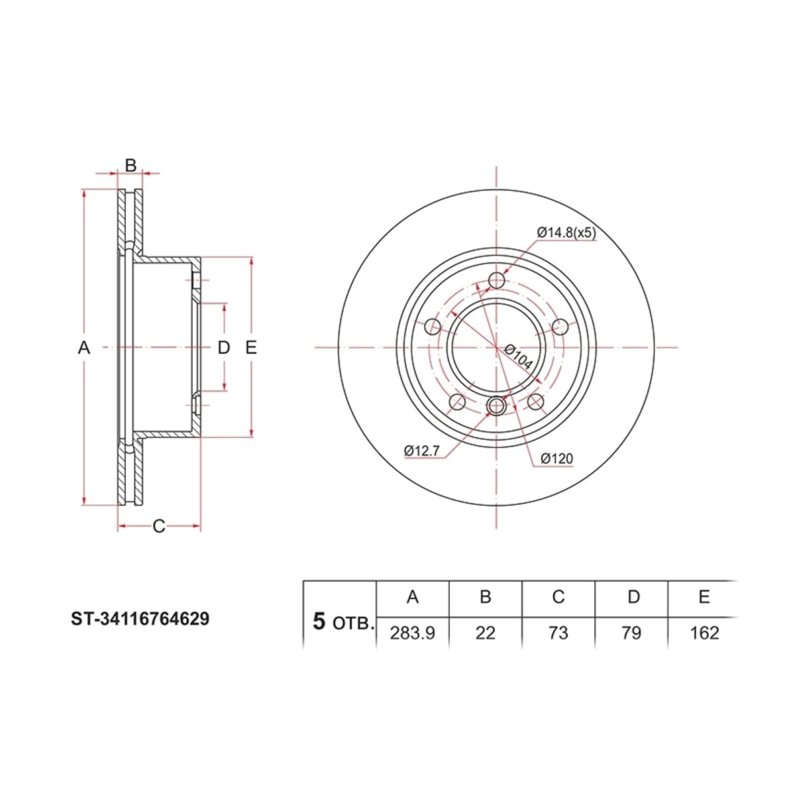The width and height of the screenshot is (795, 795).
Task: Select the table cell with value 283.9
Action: [x=412, y=633]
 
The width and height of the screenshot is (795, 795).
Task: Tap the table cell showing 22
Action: [x=485, y=633]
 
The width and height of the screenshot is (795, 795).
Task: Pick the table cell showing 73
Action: [x=558, y=633]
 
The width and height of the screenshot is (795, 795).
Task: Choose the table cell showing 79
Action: [x=631, y=633]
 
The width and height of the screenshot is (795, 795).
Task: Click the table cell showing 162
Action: [x=704, y=633]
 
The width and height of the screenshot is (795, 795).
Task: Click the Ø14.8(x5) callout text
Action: [x=566, y=233]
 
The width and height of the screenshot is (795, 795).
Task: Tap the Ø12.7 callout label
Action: [x=421, y=450]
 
